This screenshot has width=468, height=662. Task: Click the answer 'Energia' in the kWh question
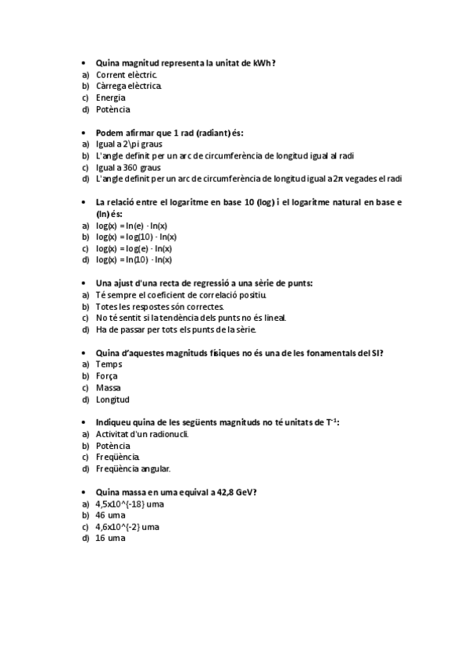coord(110,98)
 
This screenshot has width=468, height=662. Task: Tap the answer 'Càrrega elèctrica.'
coord(129,86)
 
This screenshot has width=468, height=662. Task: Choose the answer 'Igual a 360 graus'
coord(128,167)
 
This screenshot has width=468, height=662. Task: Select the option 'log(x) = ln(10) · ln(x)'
coord(134,259)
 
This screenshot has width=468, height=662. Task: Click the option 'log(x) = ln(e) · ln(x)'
coord(132,225)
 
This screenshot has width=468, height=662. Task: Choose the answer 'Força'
coord(107,375)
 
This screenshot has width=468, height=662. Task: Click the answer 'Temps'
coord(109,364)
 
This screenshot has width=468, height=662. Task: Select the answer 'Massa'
coord(108,387)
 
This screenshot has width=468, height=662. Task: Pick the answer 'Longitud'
coord(112,399)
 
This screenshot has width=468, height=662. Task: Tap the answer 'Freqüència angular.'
coord(133,468)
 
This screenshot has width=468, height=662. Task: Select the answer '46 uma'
coord(110,515)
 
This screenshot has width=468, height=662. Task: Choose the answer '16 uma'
coord(110,538)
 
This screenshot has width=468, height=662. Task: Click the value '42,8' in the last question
coord(223,492)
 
